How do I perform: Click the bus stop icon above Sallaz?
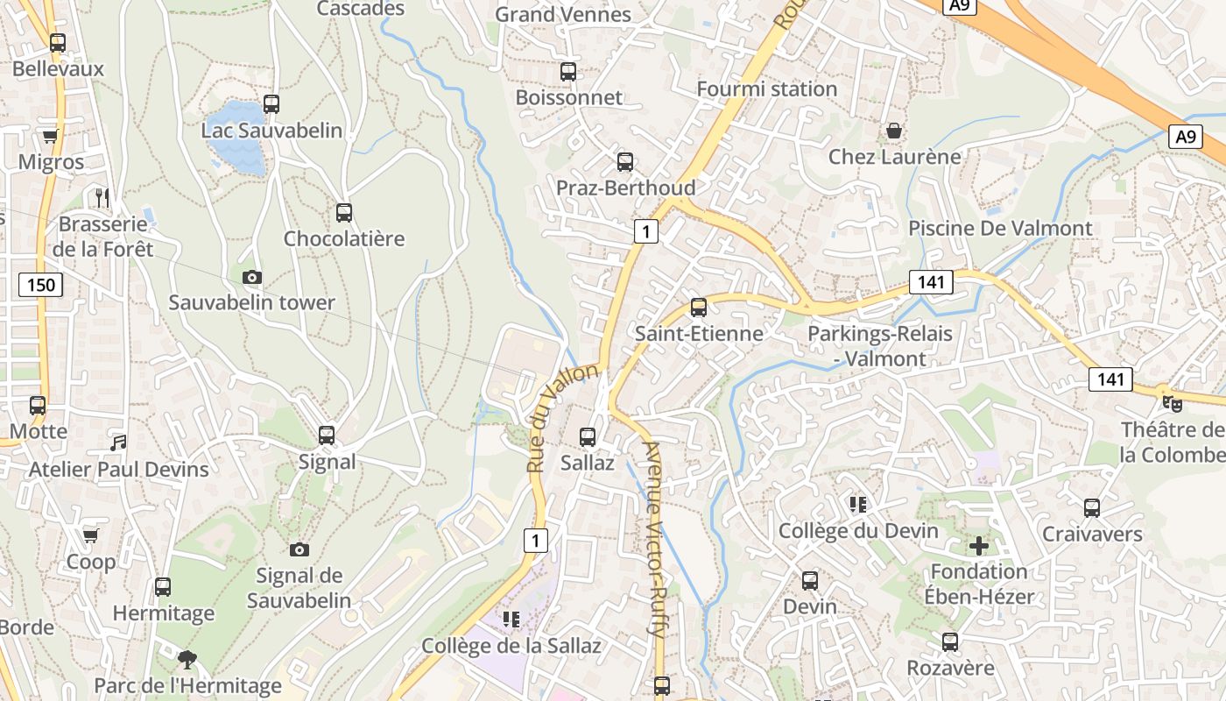pos(588,436)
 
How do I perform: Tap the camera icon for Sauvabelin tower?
pos(252,278)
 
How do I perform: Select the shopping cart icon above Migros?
pos(50,136)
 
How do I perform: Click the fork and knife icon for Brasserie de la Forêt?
pos(103,198)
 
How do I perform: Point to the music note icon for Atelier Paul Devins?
pos(118,443)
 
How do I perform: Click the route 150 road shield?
pos(40,284)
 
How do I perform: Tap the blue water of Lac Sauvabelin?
pos(236,138)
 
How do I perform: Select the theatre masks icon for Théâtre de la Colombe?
pos(1172,403)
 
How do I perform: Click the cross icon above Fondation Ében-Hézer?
pos(978,547)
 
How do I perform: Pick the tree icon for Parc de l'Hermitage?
pos(187,659)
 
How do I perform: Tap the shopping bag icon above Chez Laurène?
pos(894,131)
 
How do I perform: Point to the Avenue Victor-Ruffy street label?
pos(655,538)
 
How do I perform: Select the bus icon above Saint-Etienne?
pos(698,308)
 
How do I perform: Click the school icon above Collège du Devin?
pos(857,505)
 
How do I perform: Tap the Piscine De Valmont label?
pos(1000,229)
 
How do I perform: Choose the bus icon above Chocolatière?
pos(344,212)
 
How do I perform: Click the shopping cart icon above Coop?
pos(90,535)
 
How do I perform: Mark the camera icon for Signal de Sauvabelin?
pos(299,549)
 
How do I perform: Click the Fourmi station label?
pos(766,89)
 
